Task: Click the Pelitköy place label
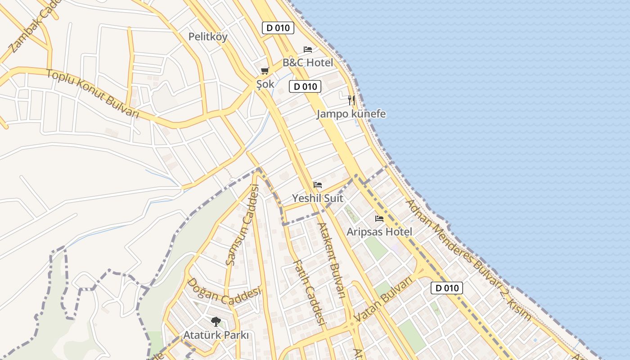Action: tap(208, 37)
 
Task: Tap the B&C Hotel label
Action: tap(308, 63)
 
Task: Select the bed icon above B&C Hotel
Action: tap(308, 49)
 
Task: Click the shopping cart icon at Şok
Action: tap(265, 71)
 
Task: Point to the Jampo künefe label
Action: tap(351, 114)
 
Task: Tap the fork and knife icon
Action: tap(351, 100)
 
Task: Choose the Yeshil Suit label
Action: tap(318, 198)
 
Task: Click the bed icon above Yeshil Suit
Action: tap(318, 185)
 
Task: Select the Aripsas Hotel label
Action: tap(379, 232)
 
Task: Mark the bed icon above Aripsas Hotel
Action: tap(379, 219)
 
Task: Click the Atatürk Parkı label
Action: tap(216, 335)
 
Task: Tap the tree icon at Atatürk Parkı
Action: tap(216, 321)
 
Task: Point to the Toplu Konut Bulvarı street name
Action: tap(93, 94)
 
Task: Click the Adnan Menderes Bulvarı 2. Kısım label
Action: tap(468, 260)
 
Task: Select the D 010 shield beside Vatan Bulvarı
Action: tap(446, 288)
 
